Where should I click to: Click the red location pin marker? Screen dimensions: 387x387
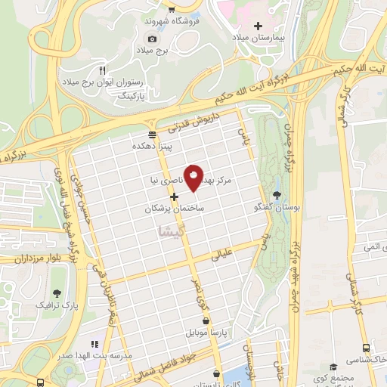194,178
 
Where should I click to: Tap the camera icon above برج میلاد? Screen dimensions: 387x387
152,39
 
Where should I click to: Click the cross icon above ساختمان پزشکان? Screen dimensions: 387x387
174,197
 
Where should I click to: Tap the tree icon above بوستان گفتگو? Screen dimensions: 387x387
277,194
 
